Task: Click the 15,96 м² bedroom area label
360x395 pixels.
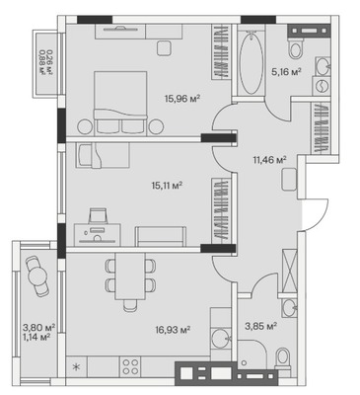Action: tap(182, 98)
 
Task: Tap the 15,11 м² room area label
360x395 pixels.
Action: tap(167, 186)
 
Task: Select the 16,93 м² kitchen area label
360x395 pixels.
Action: tap(174, 329)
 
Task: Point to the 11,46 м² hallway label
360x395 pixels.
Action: tap(269, 160)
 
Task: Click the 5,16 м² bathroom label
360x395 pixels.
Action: tap(286, 72)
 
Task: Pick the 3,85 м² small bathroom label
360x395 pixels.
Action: tap(260, 326)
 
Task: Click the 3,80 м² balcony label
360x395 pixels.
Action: tap(38, 328)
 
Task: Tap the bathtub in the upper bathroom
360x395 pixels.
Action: tap(252, 62)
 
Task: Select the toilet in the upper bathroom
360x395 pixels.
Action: tap(296, 48)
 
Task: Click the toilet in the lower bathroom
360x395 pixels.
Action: tap(282, 358)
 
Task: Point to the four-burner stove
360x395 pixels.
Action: tap(131, 366)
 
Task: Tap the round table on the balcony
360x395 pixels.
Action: tap(38, 276)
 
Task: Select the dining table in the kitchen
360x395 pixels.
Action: tap(130, 276)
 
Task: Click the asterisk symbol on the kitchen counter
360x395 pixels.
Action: tap(76, 367)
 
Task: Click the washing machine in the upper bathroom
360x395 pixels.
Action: tap(321, 86)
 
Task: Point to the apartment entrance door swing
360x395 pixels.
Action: tap(315, 214)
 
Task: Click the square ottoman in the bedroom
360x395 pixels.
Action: tap(164, 48)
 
